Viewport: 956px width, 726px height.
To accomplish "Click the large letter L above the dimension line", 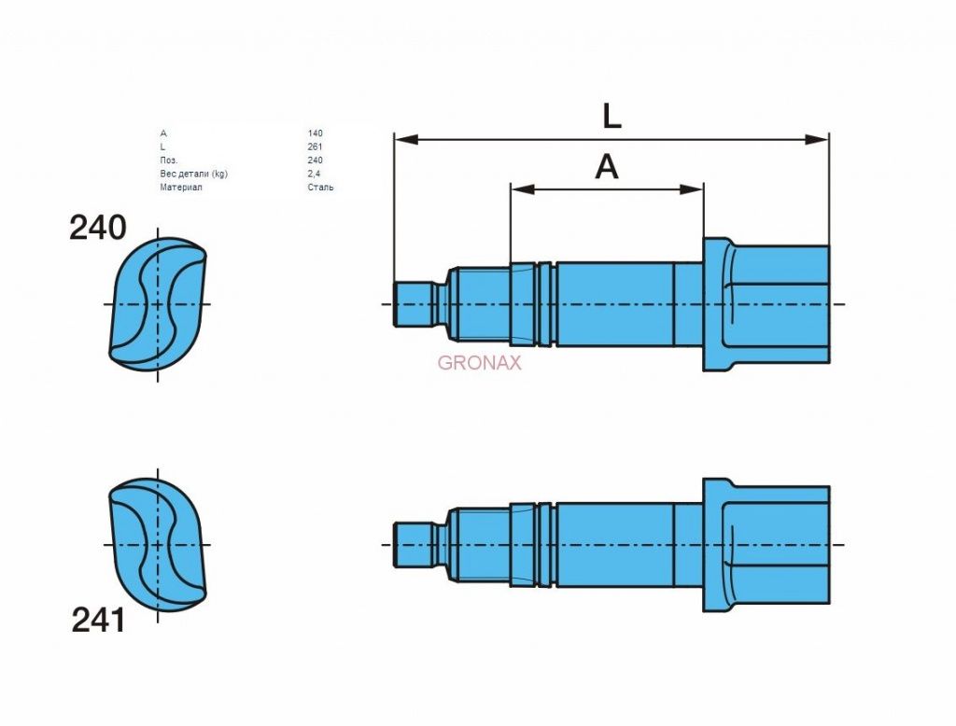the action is tap(612, 116).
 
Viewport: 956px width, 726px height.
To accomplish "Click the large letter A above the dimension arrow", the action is tap(607, 166).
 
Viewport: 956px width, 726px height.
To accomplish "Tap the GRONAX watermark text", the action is tap(479, 363).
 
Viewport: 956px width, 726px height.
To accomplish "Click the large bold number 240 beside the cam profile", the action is tap(97, 228).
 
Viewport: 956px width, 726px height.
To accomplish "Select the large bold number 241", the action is tap(98, 621).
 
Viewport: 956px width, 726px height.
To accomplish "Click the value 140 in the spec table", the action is tap(316, 133).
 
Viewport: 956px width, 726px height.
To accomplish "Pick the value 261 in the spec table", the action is tap(316, 147).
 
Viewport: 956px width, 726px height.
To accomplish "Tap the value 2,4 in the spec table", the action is tap(315, 174).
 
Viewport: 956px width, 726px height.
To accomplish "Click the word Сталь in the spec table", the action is tap(321, 188).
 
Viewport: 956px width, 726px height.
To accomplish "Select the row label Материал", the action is tap(181, 188).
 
